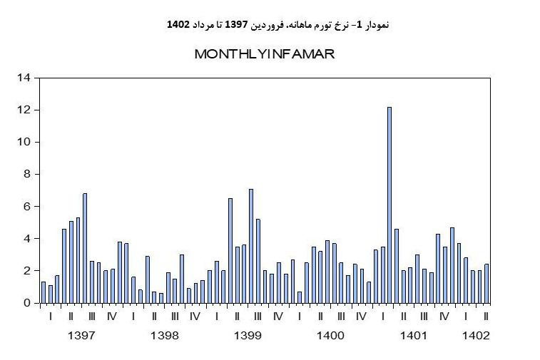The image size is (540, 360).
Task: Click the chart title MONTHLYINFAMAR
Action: [x=264, y=54]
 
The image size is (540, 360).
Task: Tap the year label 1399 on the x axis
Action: [x=248, y=336]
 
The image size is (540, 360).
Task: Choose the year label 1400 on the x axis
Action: [x=330, y=336]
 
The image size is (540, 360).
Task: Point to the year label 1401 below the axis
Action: [x=414, y=336]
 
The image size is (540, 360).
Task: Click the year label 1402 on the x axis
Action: [x=476, y=336]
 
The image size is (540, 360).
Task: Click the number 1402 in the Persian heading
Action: [x=178, y=25]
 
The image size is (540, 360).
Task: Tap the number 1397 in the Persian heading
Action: [x=236, y=25]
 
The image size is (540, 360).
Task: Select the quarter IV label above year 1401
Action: [x=444, y=317]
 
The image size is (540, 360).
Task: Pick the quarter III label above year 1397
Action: [x=92, y=317]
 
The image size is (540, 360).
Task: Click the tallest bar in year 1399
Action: [x=251, y=246]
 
